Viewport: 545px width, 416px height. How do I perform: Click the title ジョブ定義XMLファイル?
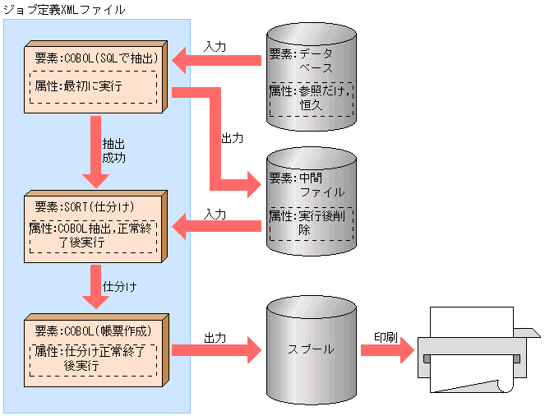point(63,10)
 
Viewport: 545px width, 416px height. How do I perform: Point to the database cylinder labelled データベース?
point(312,78)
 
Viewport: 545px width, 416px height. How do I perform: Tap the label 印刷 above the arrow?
point(387,337)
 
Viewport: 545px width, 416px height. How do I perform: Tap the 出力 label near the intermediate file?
point(233,138)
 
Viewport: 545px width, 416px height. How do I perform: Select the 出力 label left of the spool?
point(215,337)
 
